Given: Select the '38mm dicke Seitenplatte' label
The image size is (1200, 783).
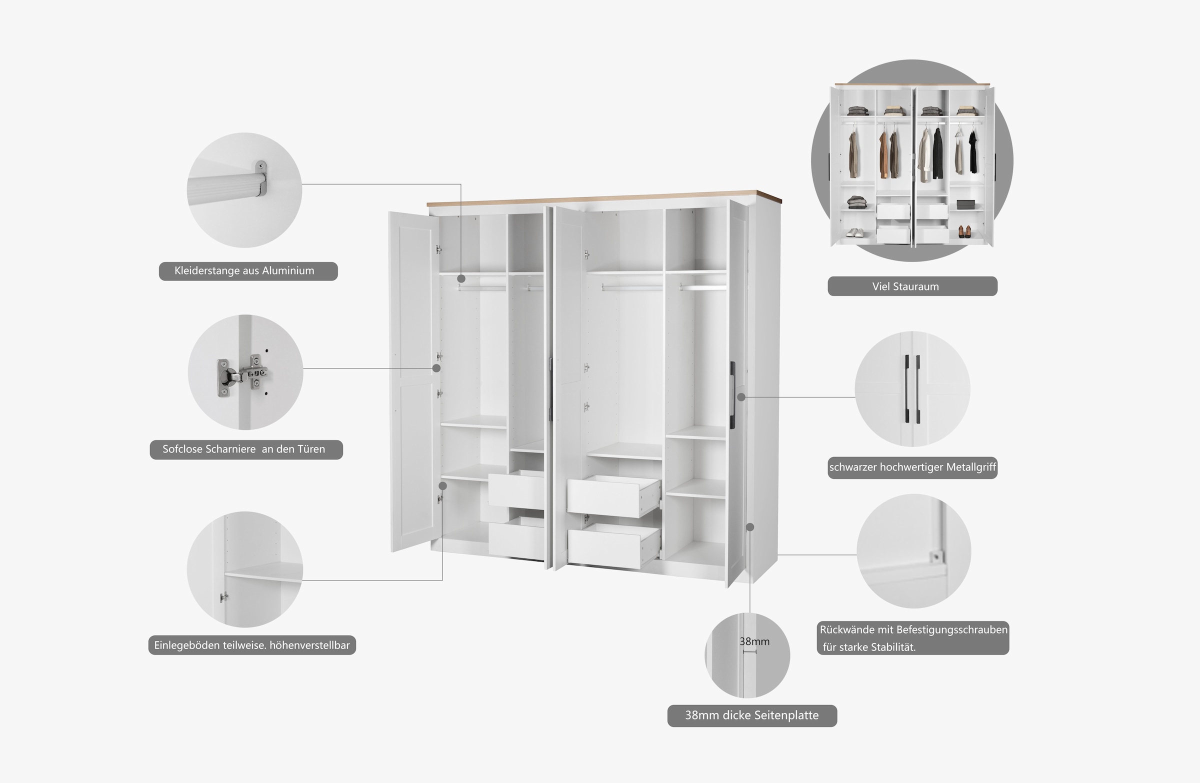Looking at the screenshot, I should [x=751, y=715].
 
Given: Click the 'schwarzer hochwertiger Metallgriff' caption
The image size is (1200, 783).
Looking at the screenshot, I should [x=912, y=467].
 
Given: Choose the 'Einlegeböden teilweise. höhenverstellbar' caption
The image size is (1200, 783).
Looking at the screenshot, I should [x=251, y=645].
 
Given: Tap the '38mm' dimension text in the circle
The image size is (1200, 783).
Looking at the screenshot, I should [x=754, y=641].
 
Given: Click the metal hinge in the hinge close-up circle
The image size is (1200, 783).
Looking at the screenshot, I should [x=242, y=375].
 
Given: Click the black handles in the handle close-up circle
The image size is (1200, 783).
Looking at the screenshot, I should [x=911, y=388].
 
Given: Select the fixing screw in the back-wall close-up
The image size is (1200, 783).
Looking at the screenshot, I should [x=936, y=556].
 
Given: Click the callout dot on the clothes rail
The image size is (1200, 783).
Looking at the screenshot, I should [x=461, y=278].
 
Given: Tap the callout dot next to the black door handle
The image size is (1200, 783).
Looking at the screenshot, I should [x=740, y=397].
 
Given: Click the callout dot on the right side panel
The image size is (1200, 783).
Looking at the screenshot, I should [x=749, y=527].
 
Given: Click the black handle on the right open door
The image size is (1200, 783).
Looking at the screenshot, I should [x=732, y=395].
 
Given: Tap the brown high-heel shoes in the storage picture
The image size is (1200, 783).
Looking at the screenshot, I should [x=964, y=231].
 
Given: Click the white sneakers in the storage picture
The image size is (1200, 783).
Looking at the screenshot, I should [x=854, y=232].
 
